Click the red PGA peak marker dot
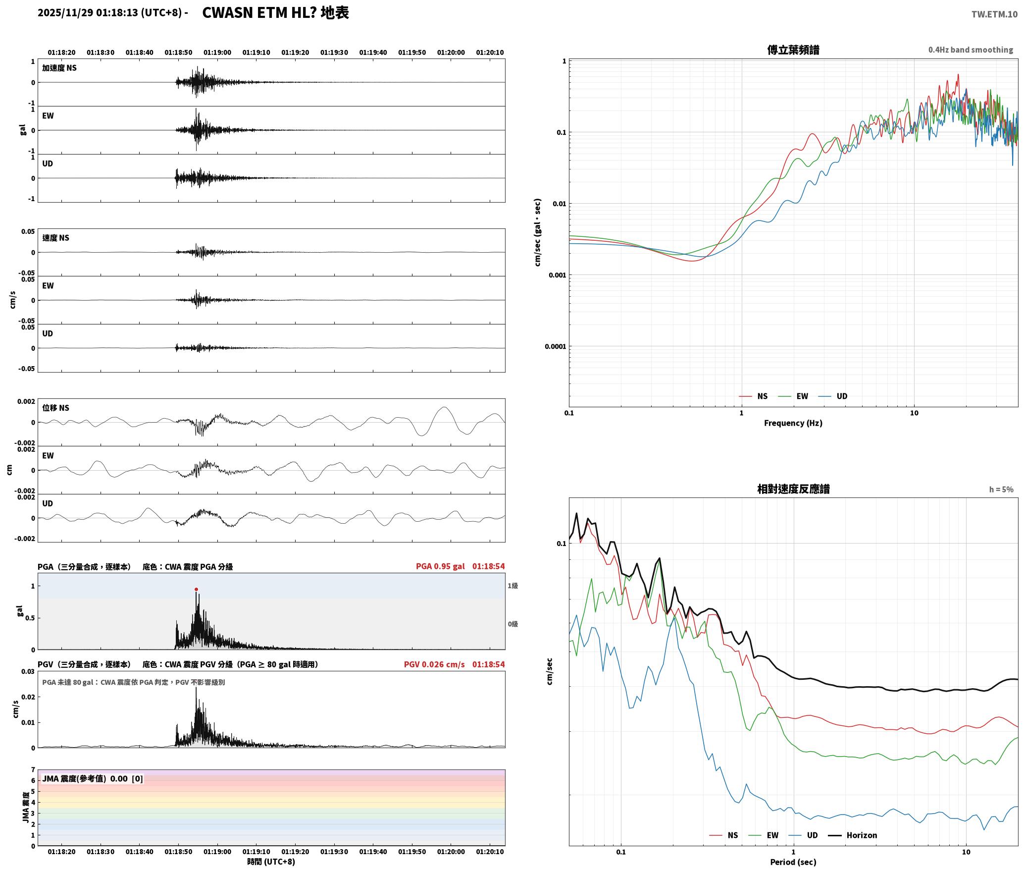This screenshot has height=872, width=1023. click(196, 590)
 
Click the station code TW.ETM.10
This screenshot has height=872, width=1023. click(994, 14)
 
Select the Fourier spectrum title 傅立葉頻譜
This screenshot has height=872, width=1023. click(793, 50)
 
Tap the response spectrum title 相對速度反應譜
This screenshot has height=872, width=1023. click(793, 489)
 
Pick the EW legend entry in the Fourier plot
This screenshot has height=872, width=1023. click(793, 396)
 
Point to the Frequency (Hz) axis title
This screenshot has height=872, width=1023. click(793, 423)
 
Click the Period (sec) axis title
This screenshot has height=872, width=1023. click(793, 862)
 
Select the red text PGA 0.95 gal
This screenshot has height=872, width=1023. click(440, 566)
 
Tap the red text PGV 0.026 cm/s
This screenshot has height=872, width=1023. click(434, 664)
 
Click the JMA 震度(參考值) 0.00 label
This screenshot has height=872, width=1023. click(93, 779)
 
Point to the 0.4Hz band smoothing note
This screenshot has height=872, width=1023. click(971, 50)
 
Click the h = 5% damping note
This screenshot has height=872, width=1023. click(1001, 490)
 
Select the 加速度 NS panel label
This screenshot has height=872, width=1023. click(59, 68)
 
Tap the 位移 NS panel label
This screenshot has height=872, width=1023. click(55, 408)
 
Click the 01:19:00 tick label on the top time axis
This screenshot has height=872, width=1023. click(217, 53)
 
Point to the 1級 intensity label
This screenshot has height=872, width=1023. click(512, 586)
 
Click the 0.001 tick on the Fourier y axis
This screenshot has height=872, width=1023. click(557, 275)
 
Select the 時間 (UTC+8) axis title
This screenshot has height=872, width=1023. click(271, 862)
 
